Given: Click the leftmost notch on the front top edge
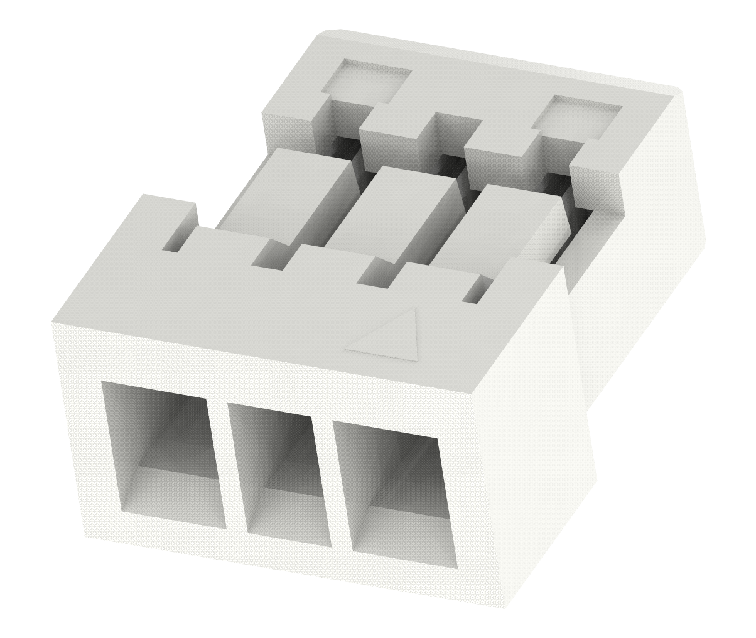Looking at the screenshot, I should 174,242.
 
